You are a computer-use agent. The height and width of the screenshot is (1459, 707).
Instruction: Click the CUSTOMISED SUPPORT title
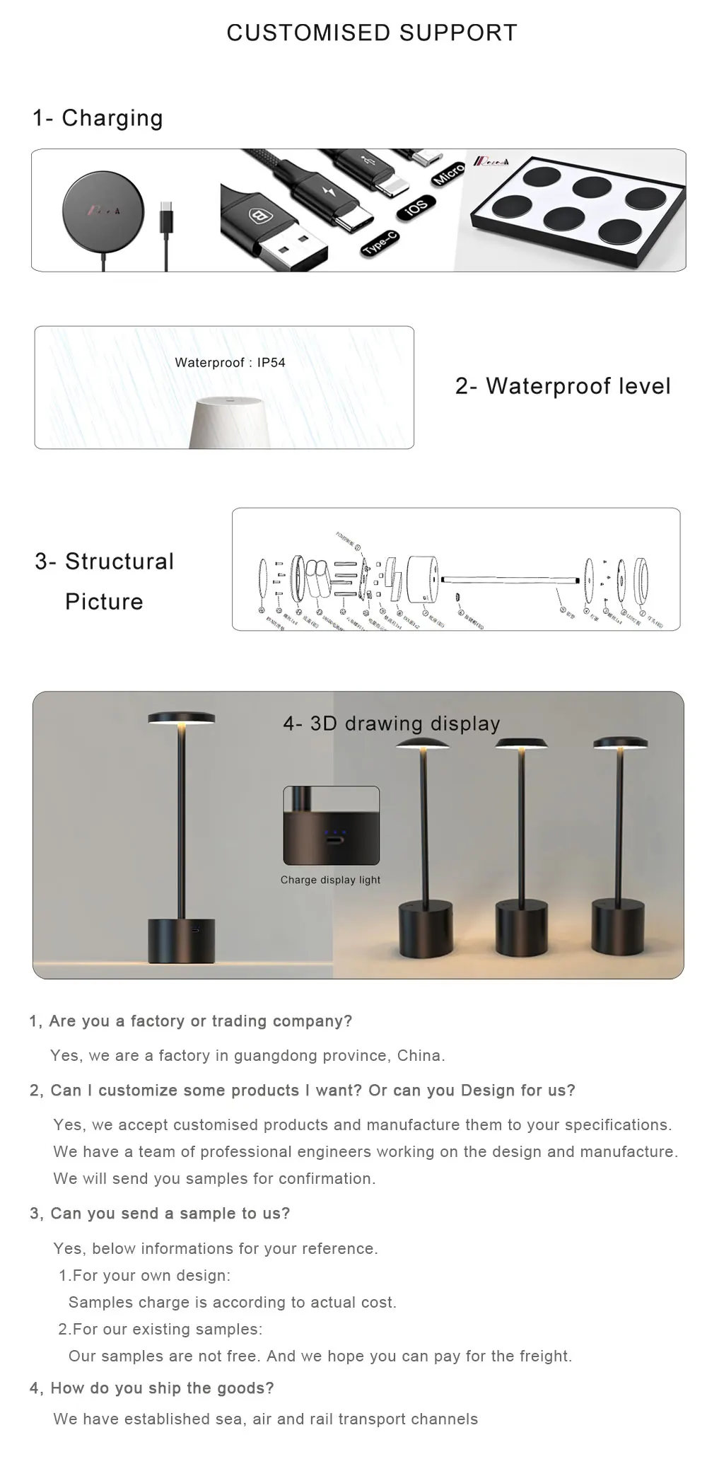(x=372, y=33)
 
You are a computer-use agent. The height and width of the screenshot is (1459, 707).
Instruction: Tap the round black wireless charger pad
(x=103, y=210)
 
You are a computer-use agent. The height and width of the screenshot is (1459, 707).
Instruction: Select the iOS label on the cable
(x=415, y=207)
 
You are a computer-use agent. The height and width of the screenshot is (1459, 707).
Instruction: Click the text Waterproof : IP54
(x=230, y=363)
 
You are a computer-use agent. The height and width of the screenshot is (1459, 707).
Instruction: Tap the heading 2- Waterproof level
(x=563, y=386)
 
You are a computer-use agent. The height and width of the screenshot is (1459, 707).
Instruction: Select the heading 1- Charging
(x=98, y=118)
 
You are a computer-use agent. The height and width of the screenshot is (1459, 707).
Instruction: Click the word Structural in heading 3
(x=119, y=562)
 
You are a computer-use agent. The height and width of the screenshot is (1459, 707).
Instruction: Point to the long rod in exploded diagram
(x=509, y=580)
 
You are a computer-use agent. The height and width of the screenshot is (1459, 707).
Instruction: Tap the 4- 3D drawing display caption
(x=391, y=723)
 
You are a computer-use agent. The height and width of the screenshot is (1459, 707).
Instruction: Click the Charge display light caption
(x=330, y=880)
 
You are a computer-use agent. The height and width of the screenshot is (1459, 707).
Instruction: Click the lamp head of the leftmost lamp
(x=182, y=719)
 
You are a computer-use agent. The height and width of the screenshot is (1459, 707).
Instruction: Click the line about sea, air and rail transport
(x=265, y=1419)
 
